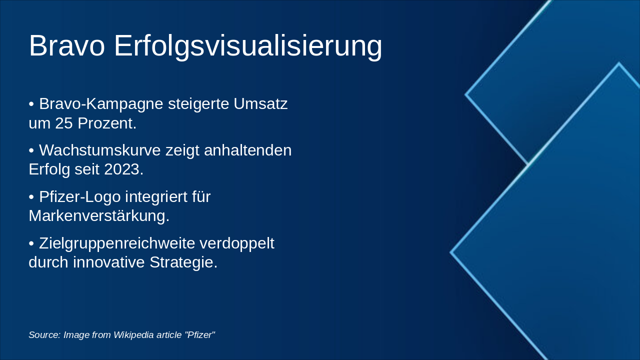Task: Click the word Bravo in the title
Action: click(66, 46)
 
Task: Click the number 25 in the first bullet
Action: click(64, 123)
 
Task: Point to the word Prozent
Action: click(106, 123)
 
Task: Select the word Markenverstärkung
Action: click(99, 216)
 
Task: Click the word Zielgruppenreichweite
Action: click(117, 243)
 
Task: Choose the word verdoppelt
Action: click(237, 243)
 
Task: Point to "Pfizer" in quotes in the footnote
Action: click(200, 335)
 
